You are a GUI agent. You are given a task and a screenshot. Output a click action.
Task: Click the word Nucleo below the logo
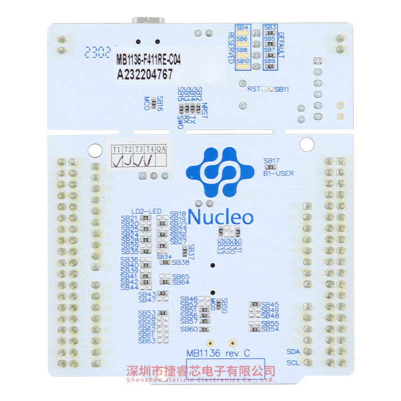tap(221, 217)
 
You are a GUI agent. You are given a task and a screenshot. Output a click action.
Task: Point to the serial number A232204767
tap(145, 75)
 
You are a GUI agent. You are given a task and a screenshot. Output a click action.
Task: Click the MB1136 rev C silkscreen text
tap(218, 353)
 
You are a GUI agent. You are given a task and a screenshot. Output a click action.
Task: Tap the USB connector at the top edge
tap(148, 21)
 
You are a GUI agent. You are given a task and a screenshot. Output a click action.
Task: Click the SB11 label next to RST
tap(282, 89)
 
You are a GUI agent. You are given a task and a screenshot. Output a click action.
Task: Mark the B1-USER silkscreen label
tap(278, 173)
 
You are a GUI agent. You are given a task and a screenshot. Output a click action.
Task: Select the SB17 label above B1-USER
tap(272, 161)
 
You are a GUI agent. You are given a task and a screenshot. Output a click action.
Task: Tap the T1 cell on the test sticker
tap(116, 149)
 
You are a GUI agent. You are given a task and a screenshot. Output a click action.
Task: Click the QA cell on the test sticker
tap(160, 149)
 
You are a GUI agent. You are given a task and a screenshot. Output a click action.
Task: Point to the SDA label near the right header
tap(293, 351)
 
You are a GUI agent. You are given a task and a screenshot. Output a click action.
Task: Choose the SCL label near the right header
tap(293, 363)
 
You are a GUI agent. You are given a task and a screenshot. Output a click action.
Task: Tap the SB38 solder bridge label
tap(181, 262)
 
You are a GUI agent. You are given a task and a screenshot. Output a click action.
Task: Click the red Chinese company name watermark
tap(200, 371)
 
